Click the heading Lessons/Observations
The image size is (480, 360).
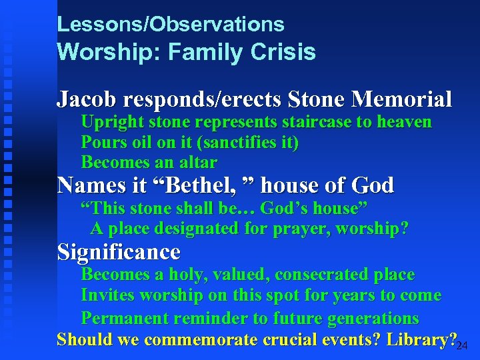pos(171,25)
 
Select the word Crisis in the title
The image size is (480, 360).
pos(283,52)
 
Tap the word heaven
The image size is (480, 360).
pos(403,123)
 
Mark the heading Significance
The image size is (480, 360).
pos(119,252)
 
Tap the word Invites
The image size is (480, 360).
pos(107,295)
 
